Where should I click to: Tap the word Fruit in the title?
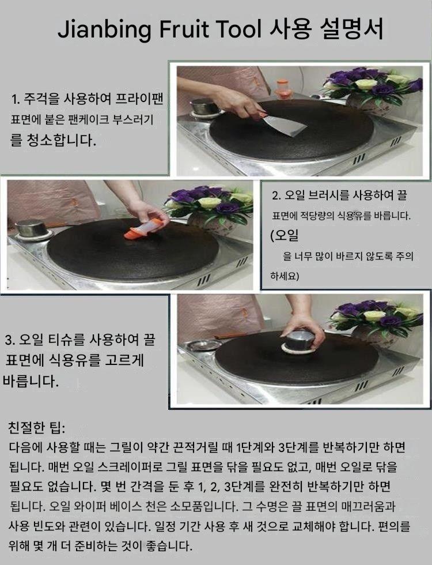(x=184, y=29)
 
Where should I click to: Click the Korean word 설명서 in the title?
(x=351, y=29)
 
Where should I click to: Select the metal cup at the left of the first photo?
(x=204, y=107)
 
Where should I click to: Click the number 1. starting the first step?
(x=15, y=99)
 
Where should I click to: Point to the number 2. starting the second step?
(x=276, y=195)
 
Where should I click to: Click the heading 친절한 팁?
(x=36, y=428)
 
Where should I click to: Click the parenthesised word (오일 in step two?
(x=285, y=235)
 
